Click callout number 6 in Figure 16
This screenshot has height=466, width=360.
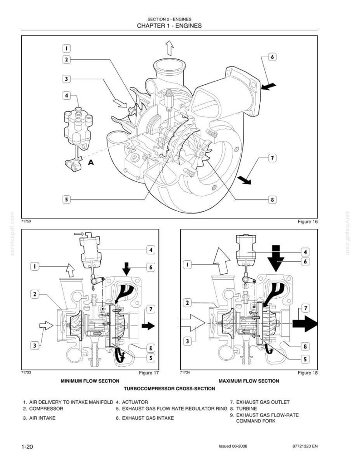coord(272,57)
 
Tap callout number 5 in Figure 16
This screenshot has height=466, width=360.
coord(66,199)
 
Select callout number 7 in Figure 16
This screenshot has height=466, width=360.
coord(272,158)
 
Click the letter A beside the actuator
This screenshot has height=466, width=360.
coord(91,163)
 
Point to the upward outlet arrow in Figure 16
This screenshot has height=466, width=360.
coord(170,48)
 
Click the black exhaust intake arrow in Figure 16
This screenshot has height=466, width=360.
coord(268,86)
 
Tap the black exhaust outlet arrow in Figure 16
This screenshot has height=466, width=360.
coord(244,180)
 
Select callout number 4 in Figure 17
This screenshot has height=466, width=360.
coord(151,250)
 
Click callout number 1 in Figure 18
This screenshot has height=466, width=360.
coord(187,264)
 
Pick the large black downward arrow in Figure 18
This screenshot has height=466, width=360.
coord(276,258)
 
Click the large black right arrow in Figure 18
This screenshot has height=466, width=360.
coord(305,324)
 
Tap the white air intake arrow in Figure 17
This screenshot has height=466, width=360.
coord(46,326)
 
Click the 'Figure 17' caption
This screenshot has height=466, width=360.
coord(149,373)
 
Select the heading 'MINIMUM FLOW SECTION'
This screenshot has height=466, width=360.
coord(90,381)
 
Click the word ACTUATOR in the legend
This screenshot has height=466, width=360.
coord(135,402)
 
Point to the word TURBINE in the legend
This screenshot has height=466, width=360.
coord(247,408)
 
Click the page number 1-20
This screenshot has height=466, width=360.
coord(27,447)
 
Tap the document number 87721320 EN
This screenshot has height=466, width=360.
coord(305,446)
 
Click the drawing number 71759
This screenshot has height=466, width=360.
coord(26,221)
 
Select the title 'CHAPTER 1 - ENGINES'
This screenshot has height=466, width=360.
coord(169,26)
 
